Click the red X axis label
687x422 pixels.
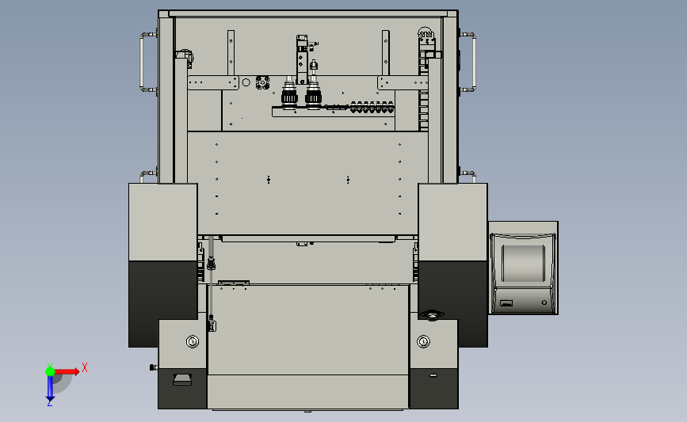coord(85,367)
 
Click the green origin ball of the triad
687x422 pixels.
coord(50,371)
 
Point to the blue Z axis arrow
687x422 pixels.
coord(50,388)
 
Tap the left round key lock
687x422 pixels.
coord(193,341)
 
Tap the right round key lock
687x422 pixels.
coord(423,341)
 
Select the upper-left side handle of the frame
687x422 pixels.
coord(142,62)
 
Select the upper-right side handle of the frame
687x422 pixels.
coord(474,62)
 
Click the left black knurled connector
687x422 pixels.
coord(289,93)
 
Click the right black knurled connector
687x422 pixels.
coord(313,93)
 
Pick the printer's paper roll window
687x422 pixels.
coord(523,263)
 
